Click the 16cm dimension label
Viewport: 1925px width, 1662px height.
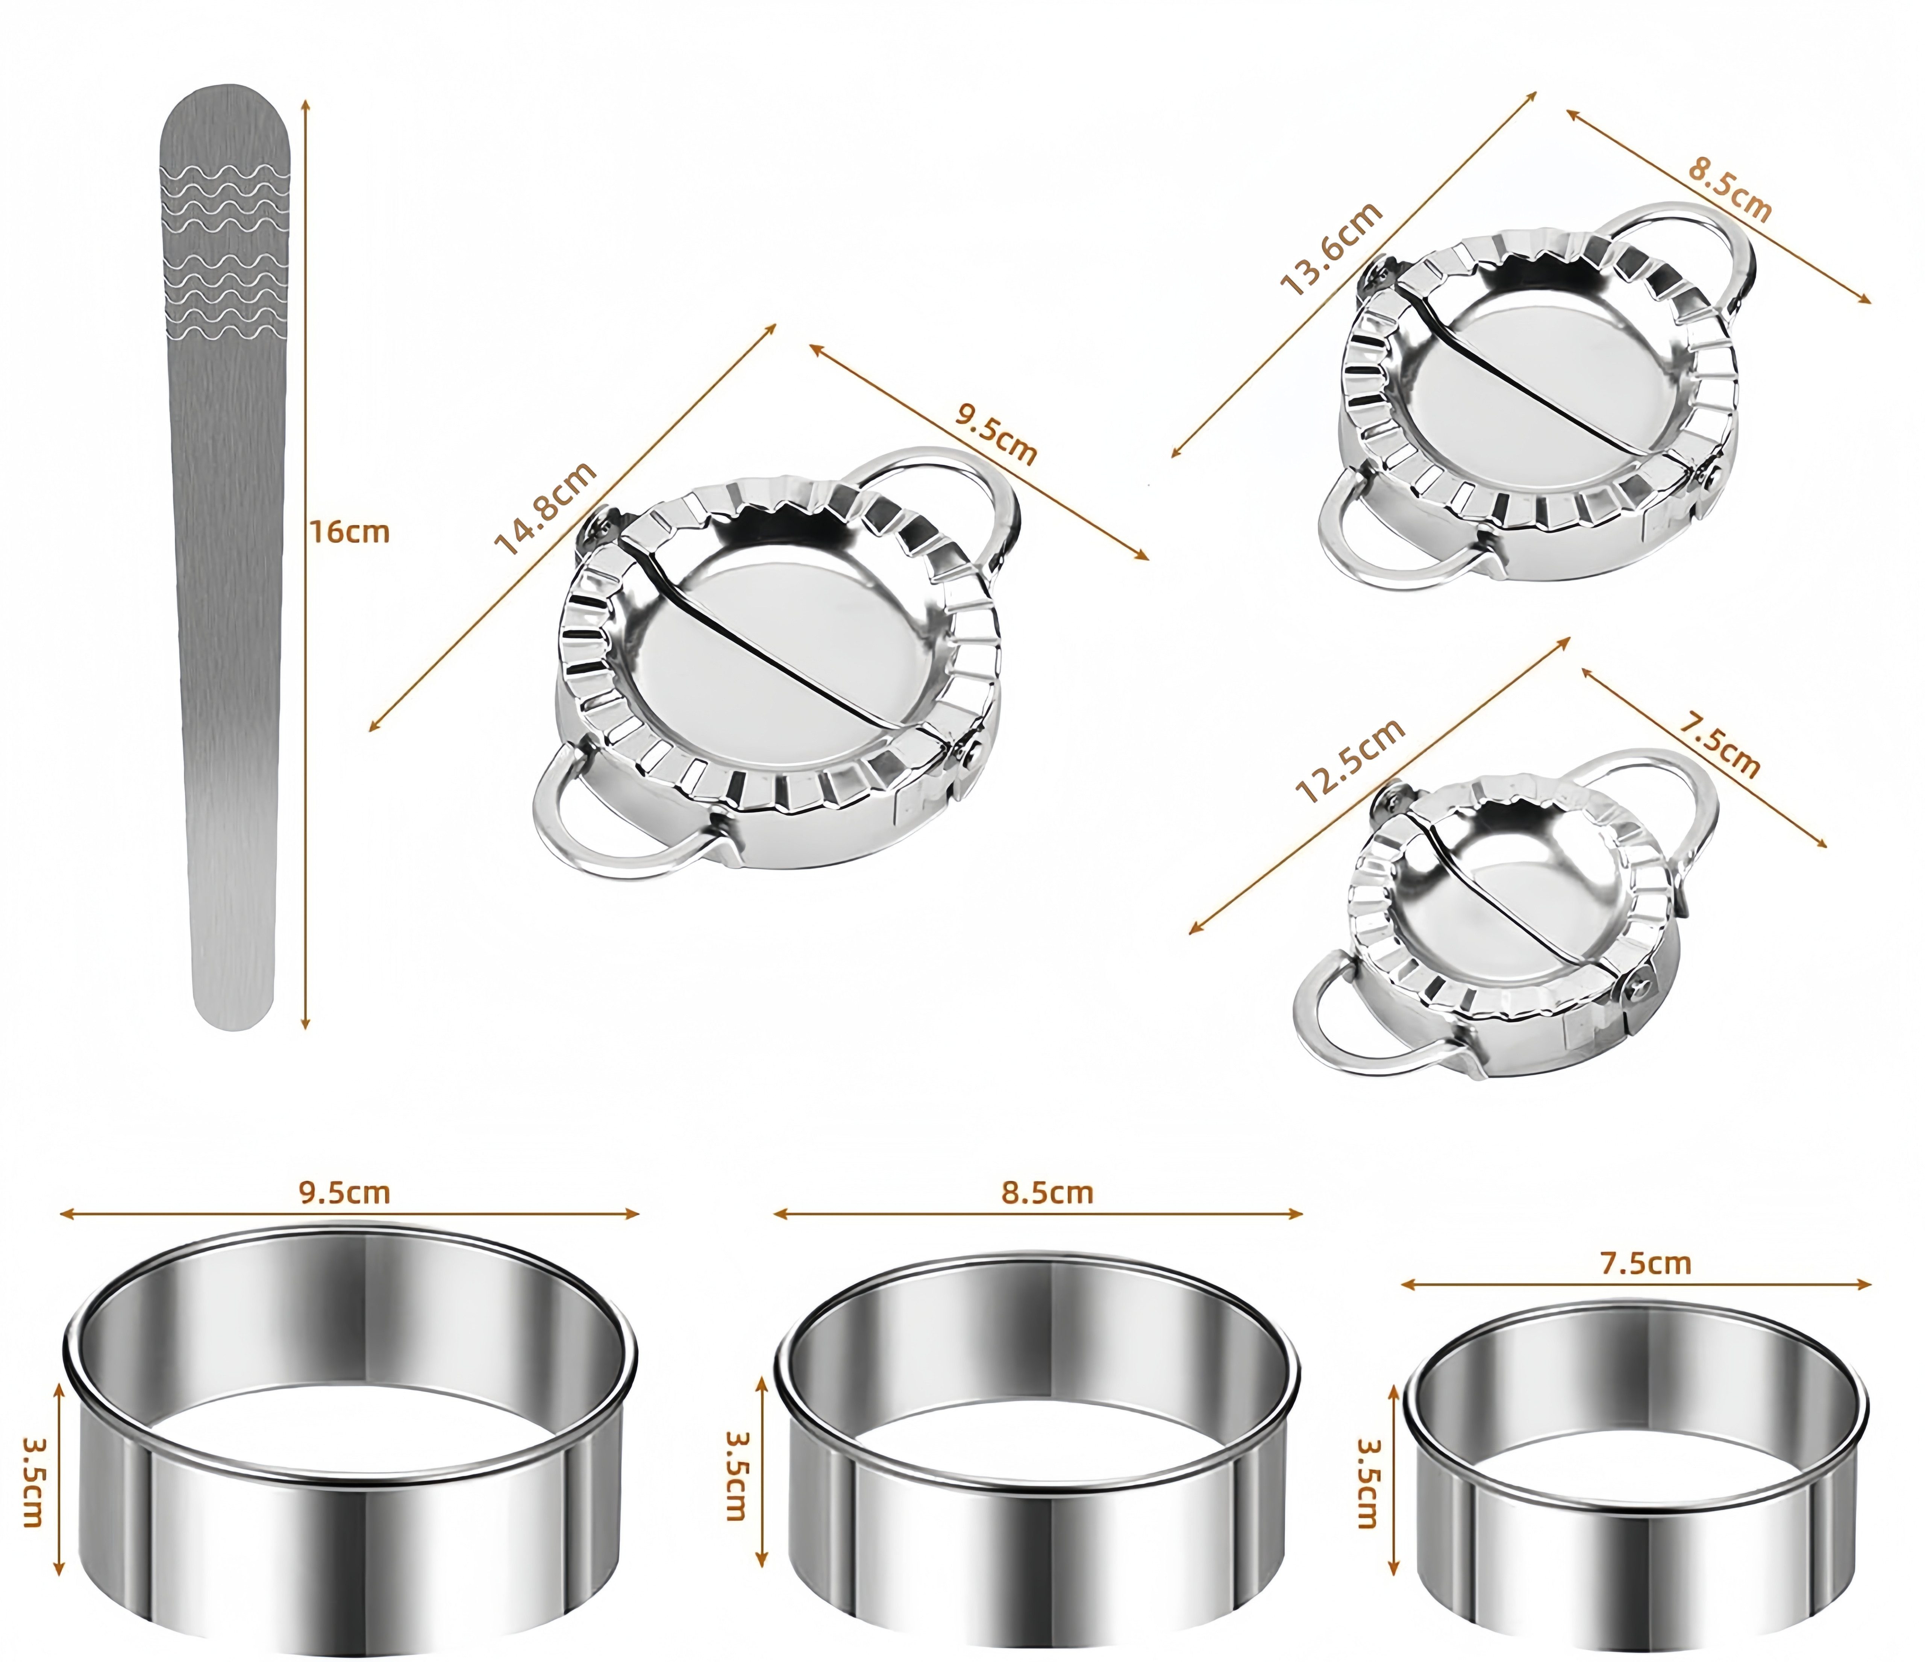click(x=349, y=532)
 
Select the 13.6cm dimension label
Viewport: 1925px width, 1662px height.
click(x=1331, y=249)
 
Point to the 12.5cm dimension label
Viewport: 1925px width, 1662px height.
click(x=1349, y=762)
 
